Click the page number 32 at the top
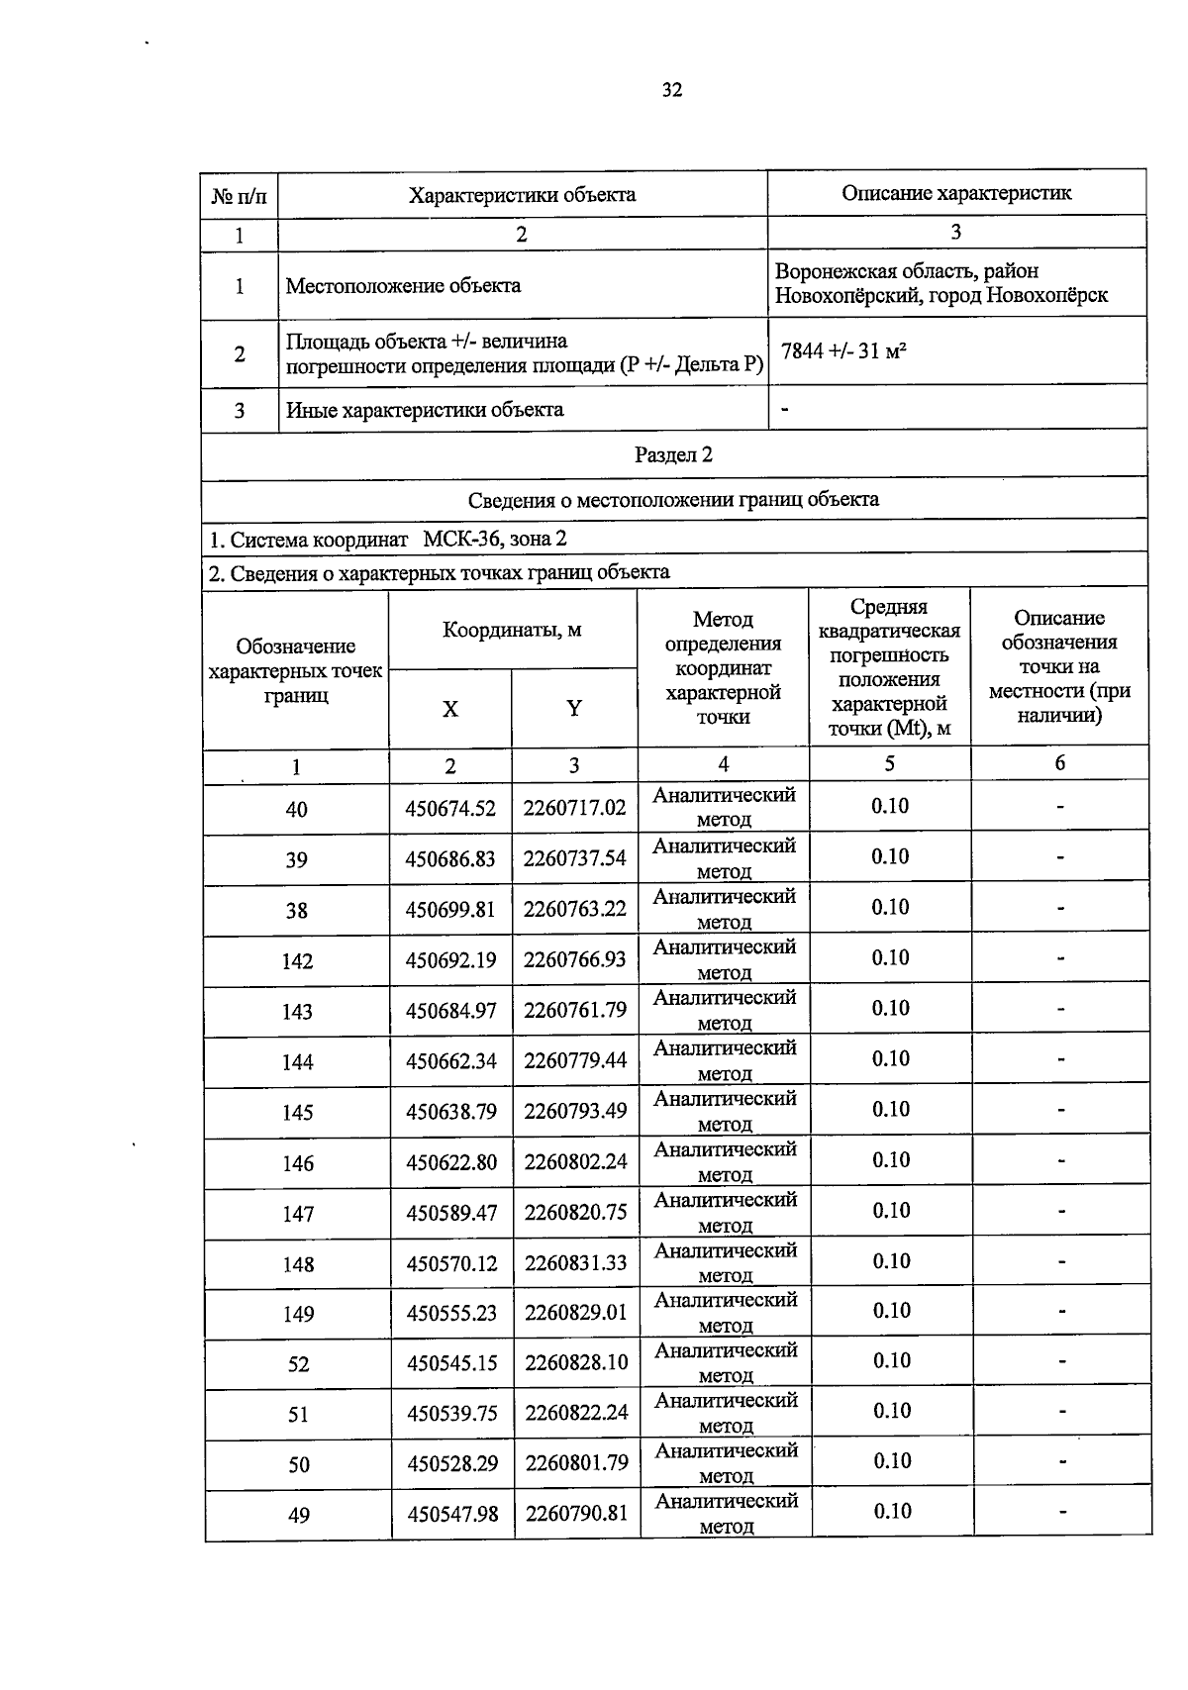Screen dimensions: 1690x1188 672,90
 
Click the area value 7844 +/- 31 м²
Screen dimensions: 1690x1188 844,350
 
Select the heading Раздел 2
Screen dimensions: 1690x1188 673,454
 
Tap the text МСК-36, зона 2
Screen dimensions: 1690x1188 495,539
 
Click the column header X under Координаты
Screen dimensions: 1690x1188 450,709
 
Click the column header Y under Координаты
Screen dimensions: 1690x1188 574,708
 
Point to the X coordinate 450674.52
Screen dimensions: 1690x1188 450,808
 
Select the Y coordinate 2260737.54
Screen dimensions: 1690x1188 575,858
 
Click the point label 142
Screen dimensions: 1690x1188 297,960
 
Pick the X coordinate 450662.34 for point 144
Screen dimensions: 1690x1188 450,1061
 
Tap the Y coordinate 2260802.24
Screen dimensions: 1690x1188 575,1161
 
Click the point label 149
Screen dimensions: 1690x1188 298,1314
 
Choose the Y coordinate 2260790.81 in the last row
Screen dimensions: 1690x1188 576,1513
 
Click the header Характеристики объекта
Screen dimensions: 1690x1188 522,194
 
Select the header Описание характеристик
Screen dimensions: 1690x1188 956,192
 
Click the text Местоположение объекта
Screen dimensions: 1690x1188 403,285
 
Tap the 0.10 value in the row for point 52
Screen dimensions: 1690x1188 891,1360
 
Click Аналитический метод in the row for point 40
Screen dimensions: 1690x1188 725,806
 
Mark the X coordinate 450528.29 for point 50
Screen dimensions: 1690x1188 452,1462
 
